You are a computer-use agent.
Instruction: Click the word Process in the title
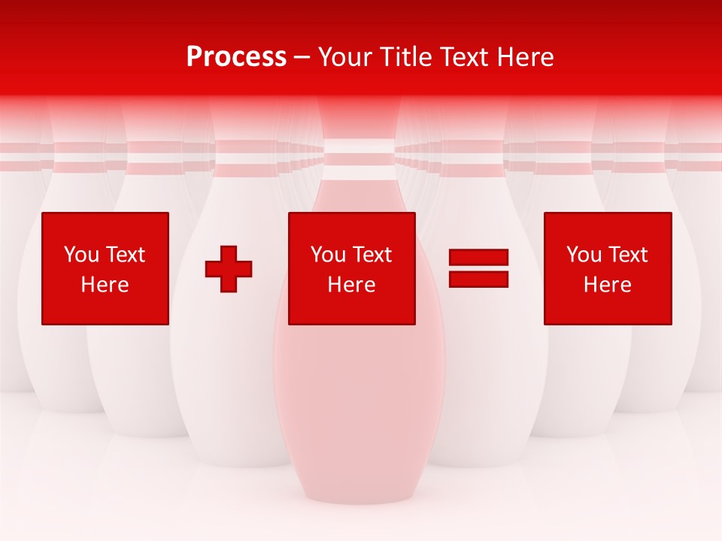(x=236, y=57)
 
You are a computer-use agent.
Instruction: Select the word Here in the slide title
(x=523, y=57)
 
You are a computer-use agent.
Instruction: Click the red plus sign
(x=229, y=269)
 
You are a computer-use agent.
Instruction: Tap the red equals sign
(x=478, y=268)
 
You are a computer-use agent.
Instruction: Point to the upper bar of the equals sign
(x=478, y=258)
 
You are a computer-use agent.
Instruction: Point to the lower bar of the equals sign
(x=478, y=279)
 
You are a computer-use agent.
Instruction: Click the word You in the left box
(x=81, y=255)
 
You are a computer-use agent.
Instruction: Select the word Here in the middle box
(x=351, y=285)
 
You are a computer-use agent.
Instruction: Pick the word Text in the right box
(x=629, y=255)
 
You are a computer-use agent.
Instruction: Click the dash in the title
(x=302, y=57)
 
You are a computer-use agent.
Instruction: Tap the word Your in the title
(x=346, y=57)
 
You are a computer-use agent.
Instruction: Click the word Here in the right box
(x=608, y=285)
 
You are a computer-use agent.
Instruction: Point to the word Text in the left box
(x=126, y=255)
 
